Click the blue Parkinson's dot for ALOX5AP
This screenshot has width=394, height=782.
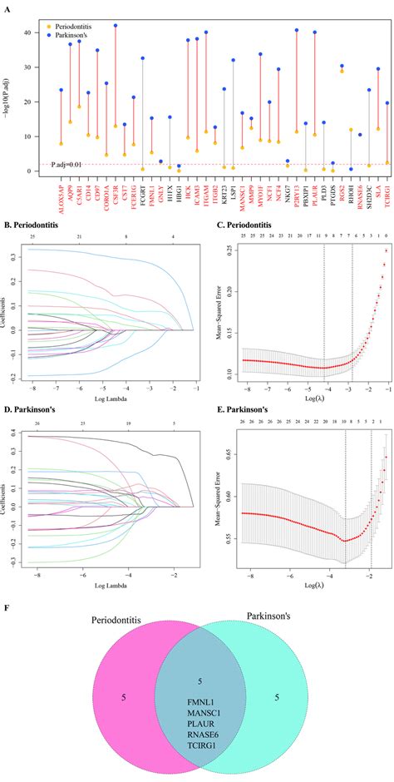[61, 90]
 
